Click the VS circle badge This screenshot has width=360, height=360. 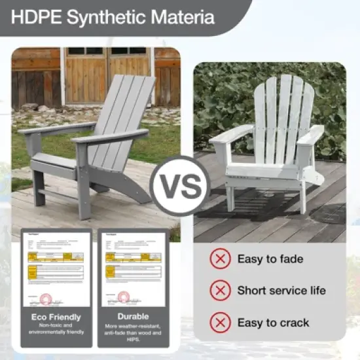pos(179,186)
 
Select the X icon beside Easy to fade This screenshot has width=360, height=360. pos(220,259)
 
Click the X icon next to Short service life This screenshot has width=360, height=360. pos(220,290)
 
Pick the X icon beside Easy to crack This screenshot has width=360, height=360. pos(220,322)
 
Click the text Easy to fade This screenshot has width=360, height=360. pos(270,259)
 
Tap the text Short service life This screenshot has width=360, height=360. pos(281,290)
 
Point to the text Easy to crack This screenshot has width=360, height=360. pos(273,322)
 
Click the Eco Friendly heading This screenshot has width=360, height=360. pos(56,317)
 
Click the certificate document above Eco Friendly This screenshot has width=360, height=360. pos(56,268)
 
